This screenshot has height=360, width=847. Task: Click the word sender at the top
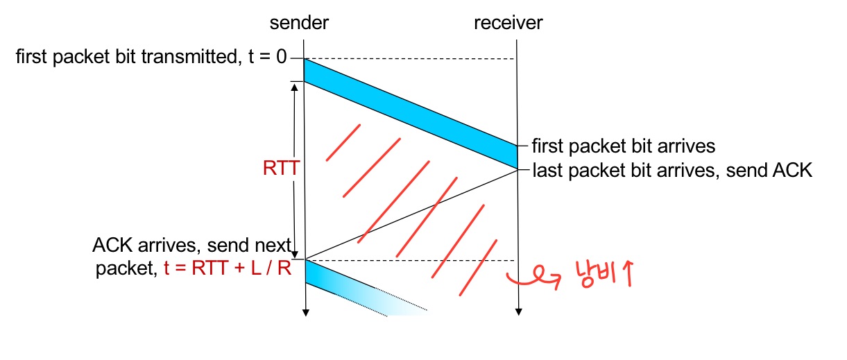[299, 23]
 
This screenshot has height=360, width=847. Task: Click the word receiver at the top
[508, 23]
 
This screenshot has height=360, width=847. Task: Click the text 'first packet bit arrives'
[623, 146]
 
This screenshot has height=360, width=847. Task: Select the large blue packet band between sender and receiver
[411, 114]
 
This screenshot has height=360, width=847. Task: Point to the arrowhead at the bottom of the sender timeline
[305, 314]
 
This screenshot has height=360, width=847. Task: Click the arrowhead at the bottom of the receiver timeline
[518, 314]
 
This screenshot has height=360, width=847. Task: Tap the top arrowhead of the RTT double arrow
[294, 87]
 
